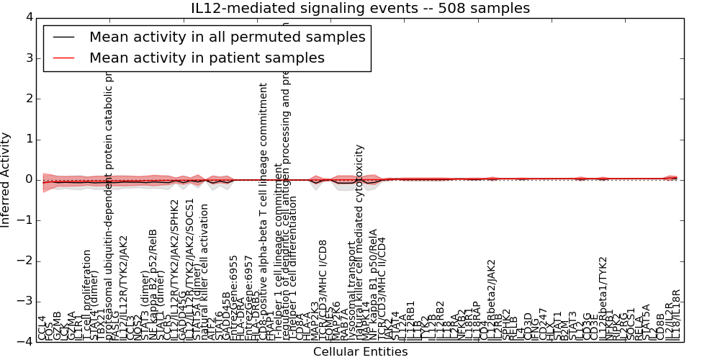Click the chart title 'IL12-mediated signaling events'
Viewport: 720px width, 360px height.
coord(360,9)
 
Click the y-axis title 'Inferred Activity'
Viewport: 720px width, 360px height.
coord(6,180)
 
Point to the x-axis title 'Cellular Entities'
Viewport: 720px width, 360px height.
coord(360,352)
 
